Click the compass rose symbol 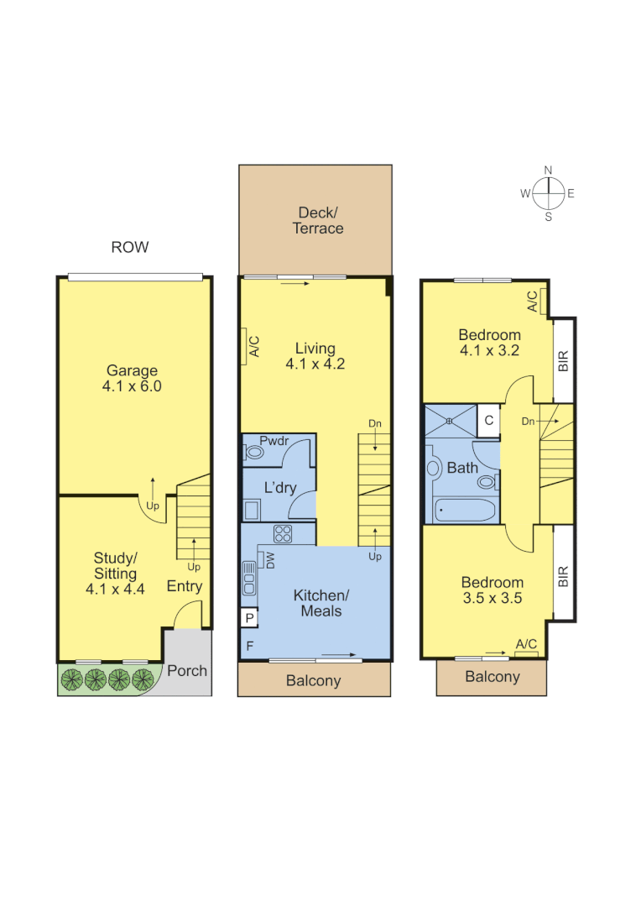548,193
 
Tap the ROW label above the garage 130,247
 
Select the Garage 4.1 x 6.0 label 132,379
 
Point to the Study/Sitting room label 115,574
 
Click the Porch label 187,670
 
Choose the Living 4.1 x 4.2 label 315,356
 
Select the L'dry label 280,488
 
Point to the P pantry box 249,618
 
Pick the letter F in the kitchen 249,646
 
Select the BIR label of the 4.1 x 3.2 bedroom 564,360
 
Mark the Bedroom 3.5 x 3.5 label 492,590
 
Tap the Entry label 184,586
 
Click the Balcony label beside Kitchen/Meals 313,680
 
